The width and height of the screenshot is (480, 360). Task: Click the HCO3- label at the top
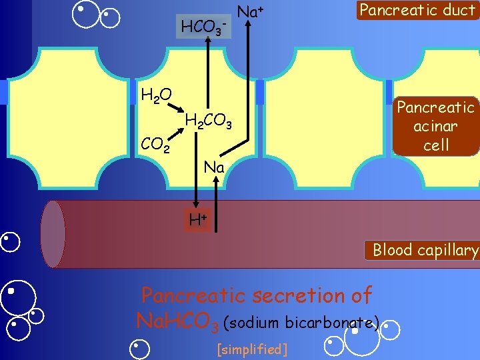point(204,28)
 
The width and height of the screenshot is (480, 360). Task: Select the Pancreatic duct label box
point(417,11)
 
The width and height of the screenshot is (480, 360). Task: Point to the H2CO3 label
point(208,121)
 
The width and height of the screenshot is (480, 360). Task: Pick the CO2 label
point(155,143)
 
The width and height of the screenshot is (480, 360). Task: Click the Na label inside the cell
point(215,167)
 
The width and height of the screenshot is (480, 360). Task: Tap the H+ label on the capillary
point(198,219)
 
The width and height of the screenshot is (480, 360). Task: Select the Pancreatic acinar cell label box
point(436,126)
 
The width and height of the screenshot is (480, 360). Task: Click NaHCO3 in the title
point(177,321)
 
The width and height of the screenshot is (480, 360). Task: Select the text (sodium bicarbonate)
point(302,323)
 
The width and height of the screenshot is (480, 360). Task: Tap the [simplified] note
point(253,349)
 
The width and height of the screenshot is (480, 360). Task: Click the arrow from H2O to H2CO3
point(176,109)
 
